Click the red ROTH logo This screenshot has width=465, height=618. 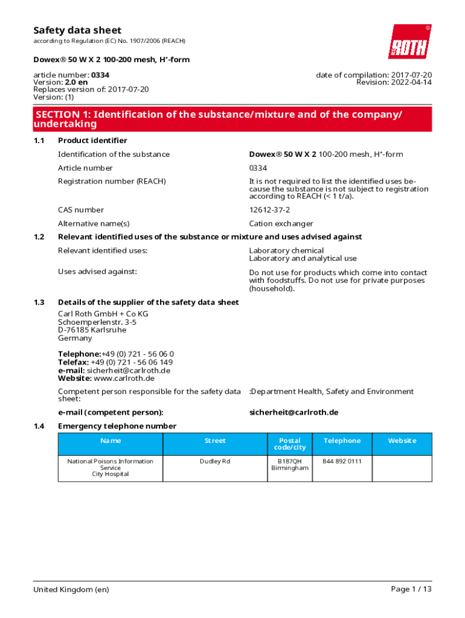409,41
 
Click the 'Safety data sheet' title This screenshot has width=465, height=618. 77,30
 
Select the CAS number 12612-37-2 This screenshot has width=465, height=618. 269,210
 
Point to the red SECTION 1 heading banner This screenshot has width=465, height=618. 232,119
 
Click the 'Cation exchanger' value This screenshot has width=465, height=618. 281,224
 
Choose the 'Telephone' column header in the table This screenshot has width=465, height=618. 342,441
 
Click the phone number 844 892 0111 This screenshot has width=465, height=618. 342,461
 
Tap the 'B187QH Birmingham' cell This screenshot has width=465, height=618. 289,465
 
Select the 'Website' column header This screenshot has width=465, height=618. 402,441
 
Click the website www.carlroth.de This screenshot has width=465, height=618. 124,378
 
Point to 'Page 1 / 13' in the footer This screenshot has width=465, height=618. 411,589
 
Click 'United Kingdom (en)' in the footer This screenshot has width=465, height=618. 71,589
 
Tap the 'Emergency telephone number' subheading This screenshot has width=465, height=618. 117,426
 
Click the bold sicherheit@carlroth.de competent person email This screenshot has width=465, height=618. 293,412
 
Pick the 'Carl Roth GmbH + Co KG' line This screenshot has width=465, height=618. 103,314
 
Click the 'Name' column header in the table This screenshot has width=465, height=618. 111,441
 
